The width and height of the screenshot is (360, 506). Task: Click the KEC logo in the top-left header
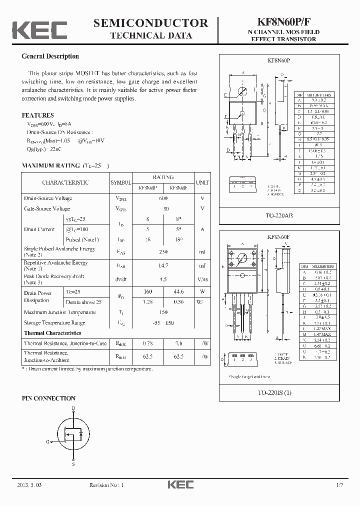pyautogui.click(x=39, y=30)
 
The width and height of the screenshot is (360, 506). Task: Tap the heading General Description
pyautogui.click(x=50, y=56)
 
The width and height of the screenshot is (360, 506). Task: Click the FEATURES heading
pyautogui.click(x=38, y=114)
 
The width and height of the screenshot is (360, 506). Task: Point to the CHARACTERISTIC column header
pyautogui.click(x=65, y=182)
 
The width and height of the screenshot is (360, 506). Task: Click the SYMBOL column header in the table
pyautogui.click(x=120, y=182)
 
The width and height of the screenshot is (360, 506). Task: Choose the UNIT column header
pyautogui.click(x=202, y=182)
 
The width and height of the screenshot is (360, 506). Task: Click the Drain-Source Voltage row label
pyautogui.click(x=48, y=198)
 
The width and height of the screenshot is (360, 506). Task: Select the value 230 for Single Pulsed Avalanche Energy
pyautogui.click(x=163, y=252)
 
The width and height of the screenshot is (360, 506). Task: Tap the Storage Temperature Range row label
pyautogui.click(x=54, y=323)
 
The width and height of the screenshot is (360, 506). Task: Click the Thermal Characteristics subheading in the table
pyautogui.click(x=52, y=333)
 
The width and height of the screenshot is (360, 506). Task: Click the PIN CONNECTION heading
pyautogui.click(x=48, y=398)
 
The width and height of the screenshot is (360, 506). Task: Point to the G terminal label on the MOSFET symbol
pyautogui.click(x=48, y=441)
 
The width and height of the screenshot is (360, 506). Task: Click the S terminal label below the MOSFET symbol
pyautogui.click(x=73, y=464)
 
